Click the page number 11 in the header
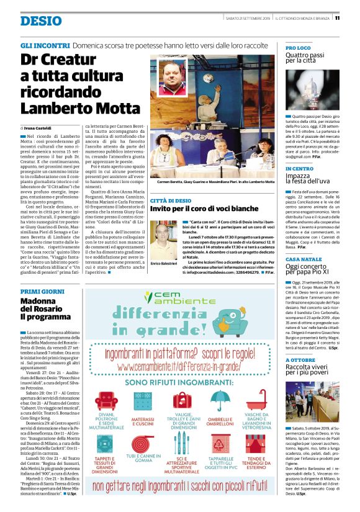click(x=354, y=18)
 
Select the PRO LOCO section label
click(x=299, y=48)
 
